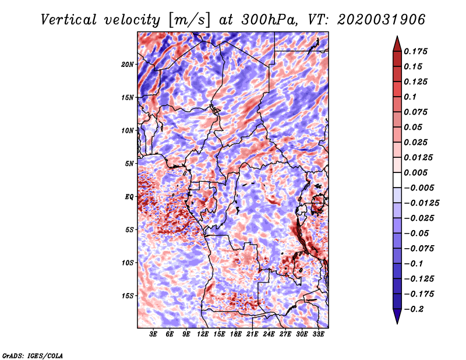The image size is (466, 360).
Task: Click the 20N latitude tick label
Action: click(x=128, y=65)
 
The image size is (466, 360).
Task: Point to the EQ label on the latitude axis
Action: click(x=129, y=197)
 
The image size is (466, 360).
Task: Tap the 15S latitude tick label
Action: click(x=128, y=296)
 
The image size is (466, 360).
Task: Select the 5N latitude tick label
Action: click(x=129, y=164)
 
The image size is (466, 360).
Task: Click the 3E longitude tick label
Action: click(x=153, y=334)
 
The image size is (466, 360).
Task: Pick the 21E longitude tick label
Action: click(x=252, y=334)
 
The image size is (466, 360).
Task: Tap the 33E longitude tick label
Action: click(x=318, y=334)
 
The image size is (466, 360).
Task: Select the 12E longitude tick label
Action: click(x=203, y=334)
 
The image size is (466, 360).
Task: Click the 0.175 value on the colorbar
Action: click(x=415, y=51)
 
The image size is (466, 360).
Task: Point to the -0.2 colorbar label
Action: click(x=414, y=309)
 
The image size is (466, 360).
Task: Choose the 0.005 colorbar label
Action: click(x=415, y=172)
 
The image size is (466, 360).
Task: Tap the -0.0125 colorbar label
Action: click(x=421, y=203)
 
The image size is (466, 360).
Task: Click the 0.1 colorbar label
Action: click(x=410, y=97)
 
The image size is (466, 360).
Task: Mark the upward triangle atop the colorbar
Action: click(x=397, y=44)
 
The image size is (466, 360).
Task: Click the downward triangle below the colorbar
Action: click(x=397, y=316)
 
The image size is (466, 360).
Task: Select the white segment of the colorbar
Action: click(x=397, y=180)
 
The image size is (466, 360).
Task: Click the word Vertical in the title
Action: click(x=69, y=20)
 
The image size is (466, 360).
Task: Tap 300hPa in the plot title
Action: click(x=269, y=20)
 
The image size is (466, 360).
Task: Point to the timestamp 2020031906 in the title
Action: click(x=382, y=20)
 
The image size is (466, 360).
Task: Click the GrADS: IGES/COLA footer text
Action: click(x=33, y=356)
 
